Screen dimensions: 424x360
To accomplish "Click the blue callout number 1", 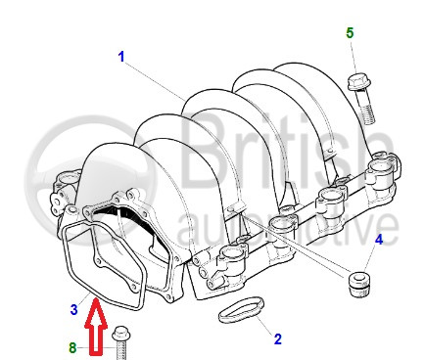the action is point(121,57).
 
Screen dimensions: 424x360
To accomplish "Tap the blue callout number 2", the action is point(277,339).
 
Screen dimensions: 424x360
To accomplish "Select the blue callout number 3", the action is point(74,309).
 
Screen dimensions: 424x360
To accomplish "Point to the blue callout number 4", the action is point(379,240).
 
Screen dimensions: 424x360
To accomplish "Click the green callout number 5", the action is point(350,33).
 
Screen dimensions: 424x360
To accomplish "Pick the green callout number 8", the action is point(72,347).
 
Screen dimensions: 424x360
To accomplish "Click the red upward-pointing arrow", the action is point(96,326).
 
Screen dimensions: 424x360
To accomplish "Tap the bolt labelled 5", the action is point(361,99).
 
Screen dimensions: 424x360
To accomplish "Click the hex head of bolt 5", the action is point(355,82).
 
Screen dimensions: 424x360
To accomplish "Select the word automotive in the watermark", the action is point(287,227).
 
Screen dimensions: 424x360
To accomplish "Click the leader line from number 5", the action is point(353,57).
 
